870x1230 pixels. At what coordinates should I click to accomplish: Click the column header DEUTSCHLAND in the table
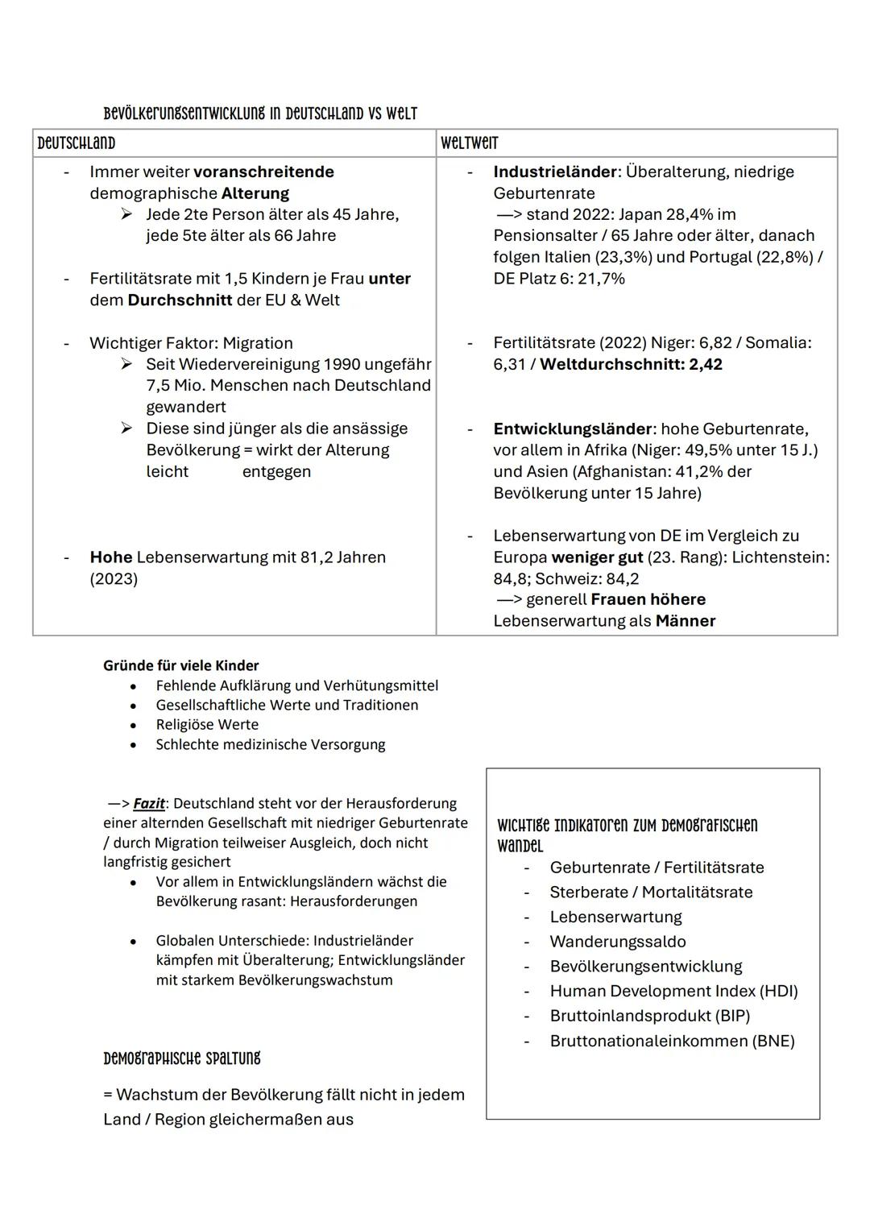(x=77, y=143)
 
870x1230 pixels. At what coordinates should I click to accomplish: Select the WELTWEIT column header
(x=470, y=143)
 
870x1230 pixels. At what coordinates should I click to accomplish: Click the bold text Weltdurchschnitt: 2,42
(x=631, y=364)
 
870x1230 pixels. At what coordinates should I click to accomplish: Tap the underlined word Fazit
(x=148, y=804)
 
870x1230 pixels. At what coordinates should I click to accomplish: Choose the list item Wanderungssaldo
(x=618, y=942)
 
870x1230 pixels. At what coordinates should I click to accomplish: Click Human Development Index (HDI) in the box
(x=673, y=991)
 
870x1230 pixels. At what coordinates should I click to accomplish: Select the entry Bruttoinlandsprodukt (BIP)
(x=649, y=1016)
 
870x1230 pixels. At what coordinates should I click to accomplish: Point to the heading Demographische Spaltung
(x=182, y=1058)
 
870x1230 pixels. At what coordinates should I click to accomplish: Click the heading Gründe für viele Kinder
(x=181, y=665)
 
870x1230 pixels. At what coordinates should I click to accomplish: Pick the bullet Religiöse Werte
(x=207, y=725)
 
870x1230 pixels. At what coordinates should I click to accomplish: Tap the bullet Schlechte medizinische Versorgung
(x=271, y=744)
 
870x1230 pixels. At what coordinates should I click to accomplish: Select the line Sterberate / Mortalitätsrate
(x=651, y=892)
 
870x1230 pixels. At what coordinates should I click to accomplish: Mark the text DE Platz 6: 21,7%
(x=559, y=279)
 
